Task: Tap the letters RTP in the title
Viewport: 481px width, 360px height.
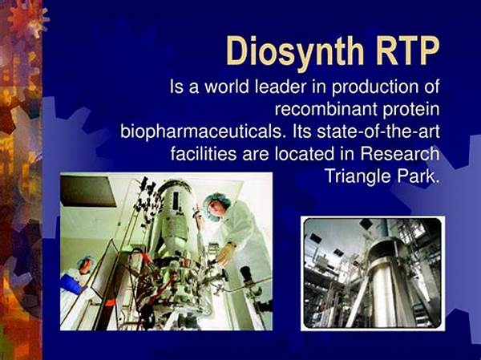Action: pos(407,51)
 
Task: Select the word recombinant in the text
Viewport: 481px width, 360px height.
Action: pos(325,109)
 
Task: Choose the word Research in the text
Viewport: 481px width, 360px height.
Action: pos(399,153)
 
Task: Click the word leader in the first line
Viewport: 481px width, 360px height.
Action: pos(281,87)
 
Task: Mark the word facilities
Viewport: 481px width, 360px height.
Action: pos(204,153)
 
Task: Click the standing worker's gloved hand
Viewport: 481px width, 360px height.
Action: pos(224,255)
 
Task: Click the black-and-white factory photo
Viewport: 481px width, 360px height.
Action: pos(373,273)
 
